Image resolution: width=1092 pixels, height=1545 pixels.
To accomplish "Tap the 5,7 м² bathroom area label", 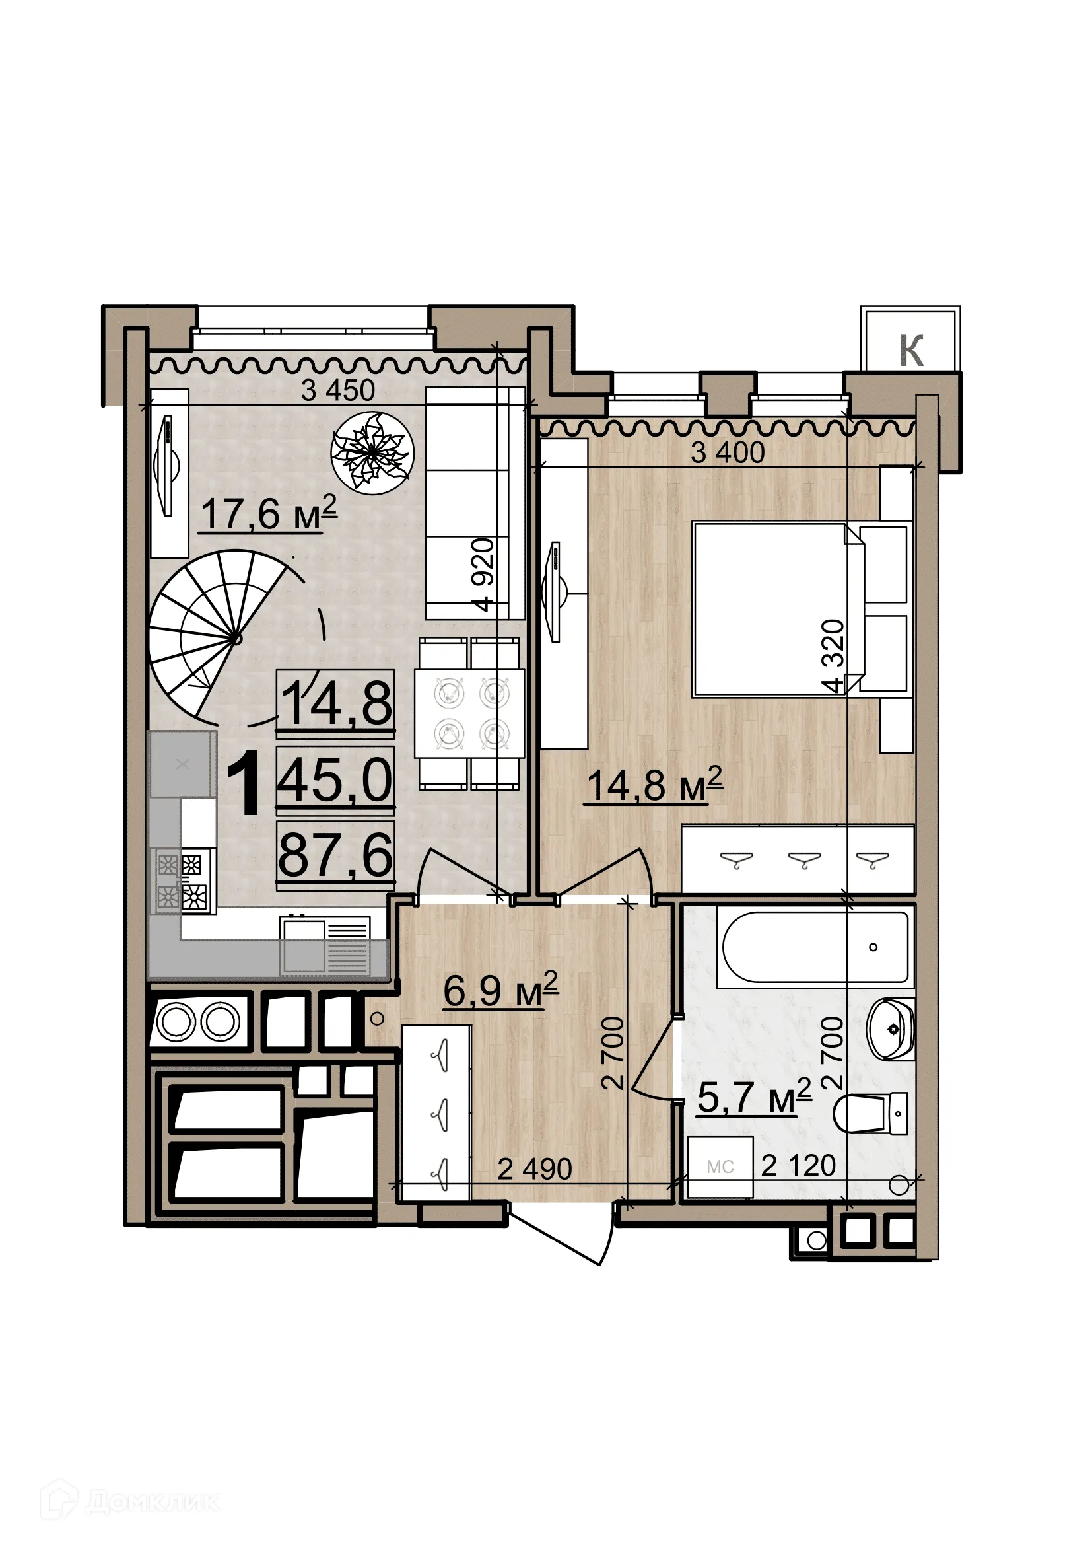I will (754, 1098).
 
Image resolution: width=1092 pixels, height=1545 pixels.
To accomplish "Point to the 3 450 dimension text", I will (337, 390).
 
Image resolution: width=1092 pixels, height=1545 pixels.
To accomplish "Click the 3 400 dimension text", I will (728, 452).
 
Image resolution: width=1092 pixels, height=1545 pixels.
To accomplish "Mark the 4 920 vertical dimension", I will (483, 574).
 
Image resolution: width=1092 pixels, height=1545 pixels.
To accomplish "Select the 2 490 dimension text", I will (535, 1169).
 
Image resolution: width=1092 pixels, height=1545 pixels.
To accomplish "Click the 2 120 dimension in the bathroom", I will (798, 1165).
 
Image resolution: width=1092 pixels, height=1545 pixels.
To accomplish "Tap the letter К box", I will (911, 350).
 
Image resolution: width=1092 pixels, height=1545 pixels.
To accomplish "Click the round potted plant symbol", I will (372, 453).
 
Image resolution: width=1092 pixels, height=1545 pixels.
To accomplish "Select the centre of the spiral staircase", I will (235, 638).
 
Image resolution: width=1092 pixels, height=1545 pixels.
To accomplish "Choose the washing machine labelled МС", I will (720, 1167).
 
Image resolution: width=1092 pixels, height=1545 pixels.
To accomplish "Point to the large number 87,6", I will (335, 855).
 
